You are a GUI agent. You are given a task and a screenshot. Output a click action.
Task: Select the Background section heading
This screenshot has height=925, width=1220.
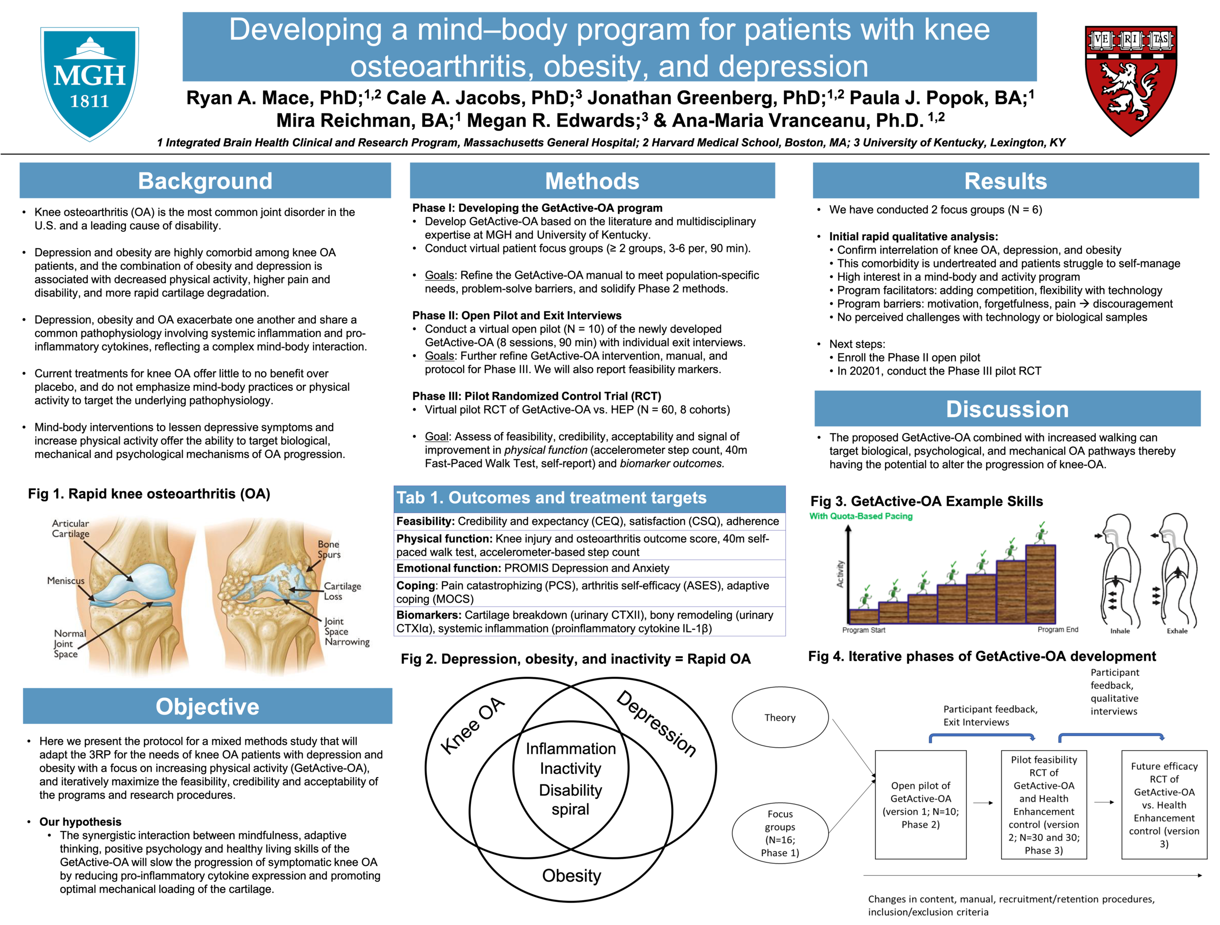coord(205,182)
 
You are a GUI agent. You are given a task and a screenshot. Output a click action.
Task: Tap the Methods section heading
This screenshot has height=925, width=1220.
coord(592,182)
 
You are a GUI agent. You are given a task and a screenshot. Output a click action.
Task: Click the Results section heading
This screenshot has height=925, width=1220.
coord(1005,182)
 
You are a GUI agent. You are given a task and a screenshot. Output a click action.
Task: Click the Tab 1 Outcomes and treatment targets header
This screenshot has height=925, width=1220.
coord(551,498)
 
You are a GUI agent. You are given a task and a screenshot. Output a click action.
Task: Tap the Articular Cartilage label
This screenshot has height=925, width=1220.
coord(70,528)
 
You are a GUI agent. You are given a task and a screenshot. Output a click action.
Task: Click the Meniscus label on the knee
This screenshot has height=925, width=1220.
coord(65,581)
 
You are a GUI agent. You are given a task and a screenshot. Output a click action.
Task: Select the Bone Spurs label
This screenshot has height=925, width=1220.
coord(329,549)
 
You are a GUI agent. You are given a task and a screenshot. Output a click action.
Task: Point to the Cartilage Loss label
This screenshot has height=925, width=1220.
coord(342,591)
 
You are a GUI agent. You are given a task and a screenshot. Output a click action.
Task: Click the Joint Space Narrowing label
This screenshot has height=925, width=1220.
coord(346,631)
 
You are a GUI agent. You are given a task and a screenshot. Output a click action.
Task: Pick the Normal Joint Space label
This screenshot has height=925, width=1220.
coord(69,644)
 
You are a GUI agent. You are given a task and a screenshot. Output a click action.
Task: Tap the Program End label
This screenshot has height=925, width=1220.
coord(1057,629)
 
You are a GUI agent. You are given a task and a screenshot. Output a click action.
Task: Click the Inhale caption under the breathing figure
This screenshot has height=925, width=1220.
coord(1119,631)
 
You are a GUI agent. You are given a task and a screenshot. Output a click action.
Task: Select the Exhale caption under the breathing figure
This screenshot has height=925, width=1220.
coord(1177,631)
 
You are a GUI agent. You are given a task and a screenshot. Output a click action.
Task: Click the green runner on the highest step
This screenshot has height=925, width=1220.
coord(1041,533)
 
